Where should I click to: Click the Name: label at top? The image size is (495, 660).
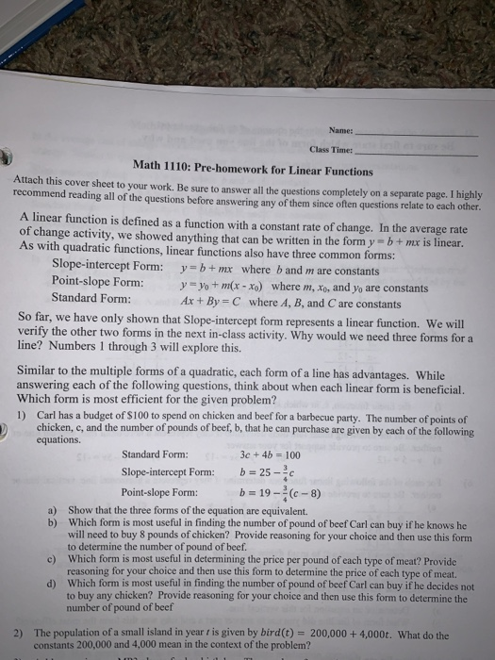(340, 129)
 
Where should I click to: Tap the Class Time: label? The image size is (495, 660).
(330, 149)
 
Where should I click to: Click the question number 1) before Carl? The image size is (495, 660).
(22, 418)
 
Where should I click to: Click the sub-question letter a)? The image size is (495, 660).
(53, 509)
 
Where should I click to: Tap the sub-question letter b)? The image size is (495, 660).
(53, 521)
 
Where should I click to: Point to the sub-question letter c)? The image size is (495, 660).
(53, 558)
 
